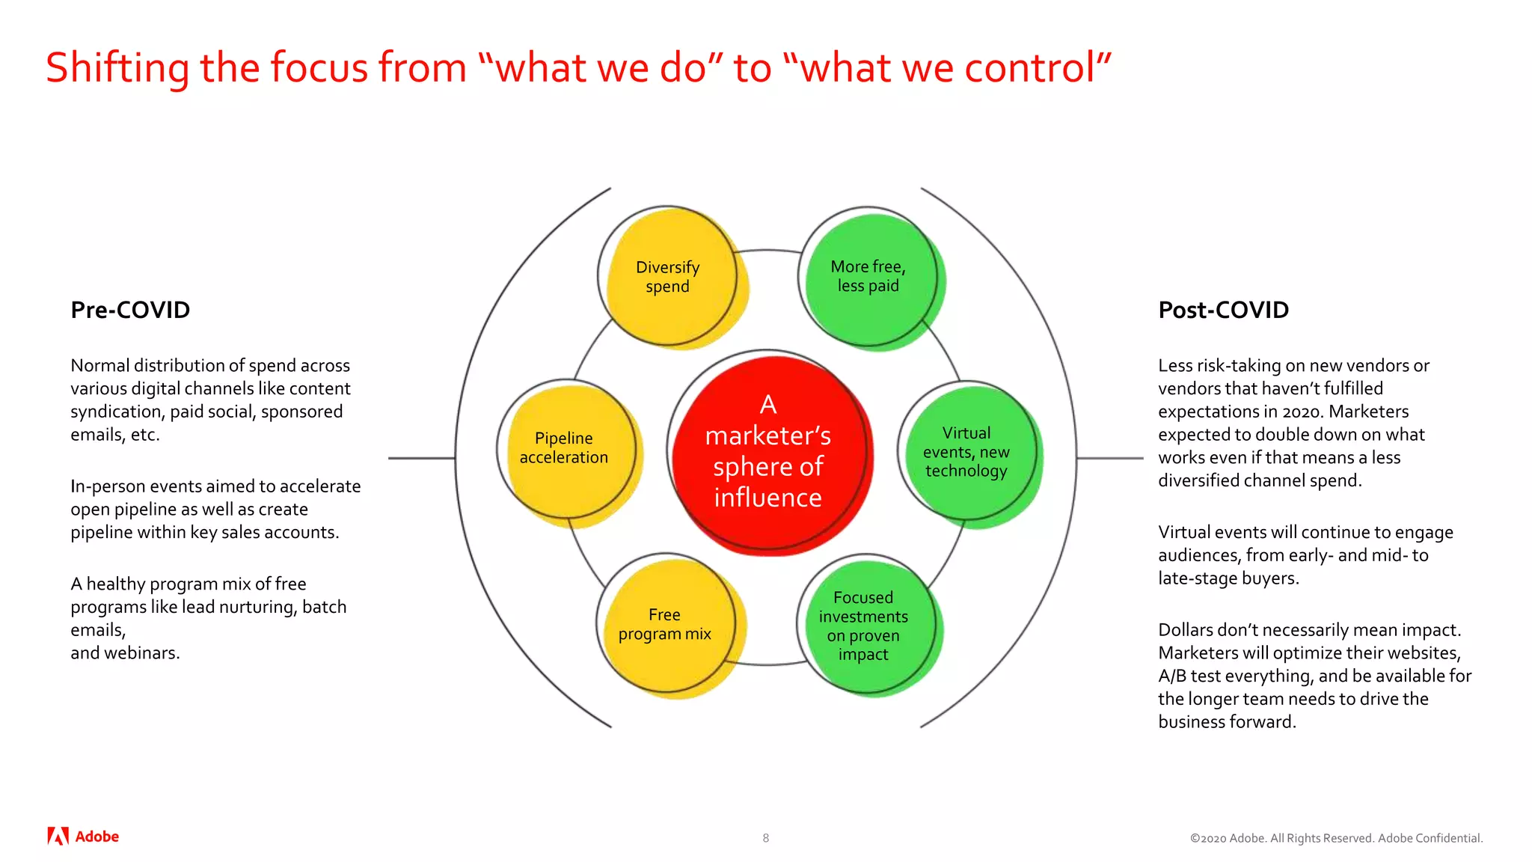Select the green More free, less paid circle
coord(870,277)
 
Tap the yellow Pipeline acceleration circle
coord(566,449)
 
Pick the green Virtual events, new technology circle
coord(967,452)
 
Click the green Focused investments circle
coord(865,626)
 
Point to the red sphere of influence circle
coord(768,452)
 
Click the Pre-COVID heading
coord(130,310)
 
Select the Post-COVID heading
coord(1223,310)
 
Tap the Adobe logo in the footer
coord(83,837)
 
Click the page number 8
coord(765,838)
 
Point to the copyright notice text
coord(1336,838)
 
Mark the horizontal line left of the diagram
coord(421,458)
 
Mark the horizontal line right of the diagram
coord(1109,458)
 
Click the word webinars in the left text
coord(141,653)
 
